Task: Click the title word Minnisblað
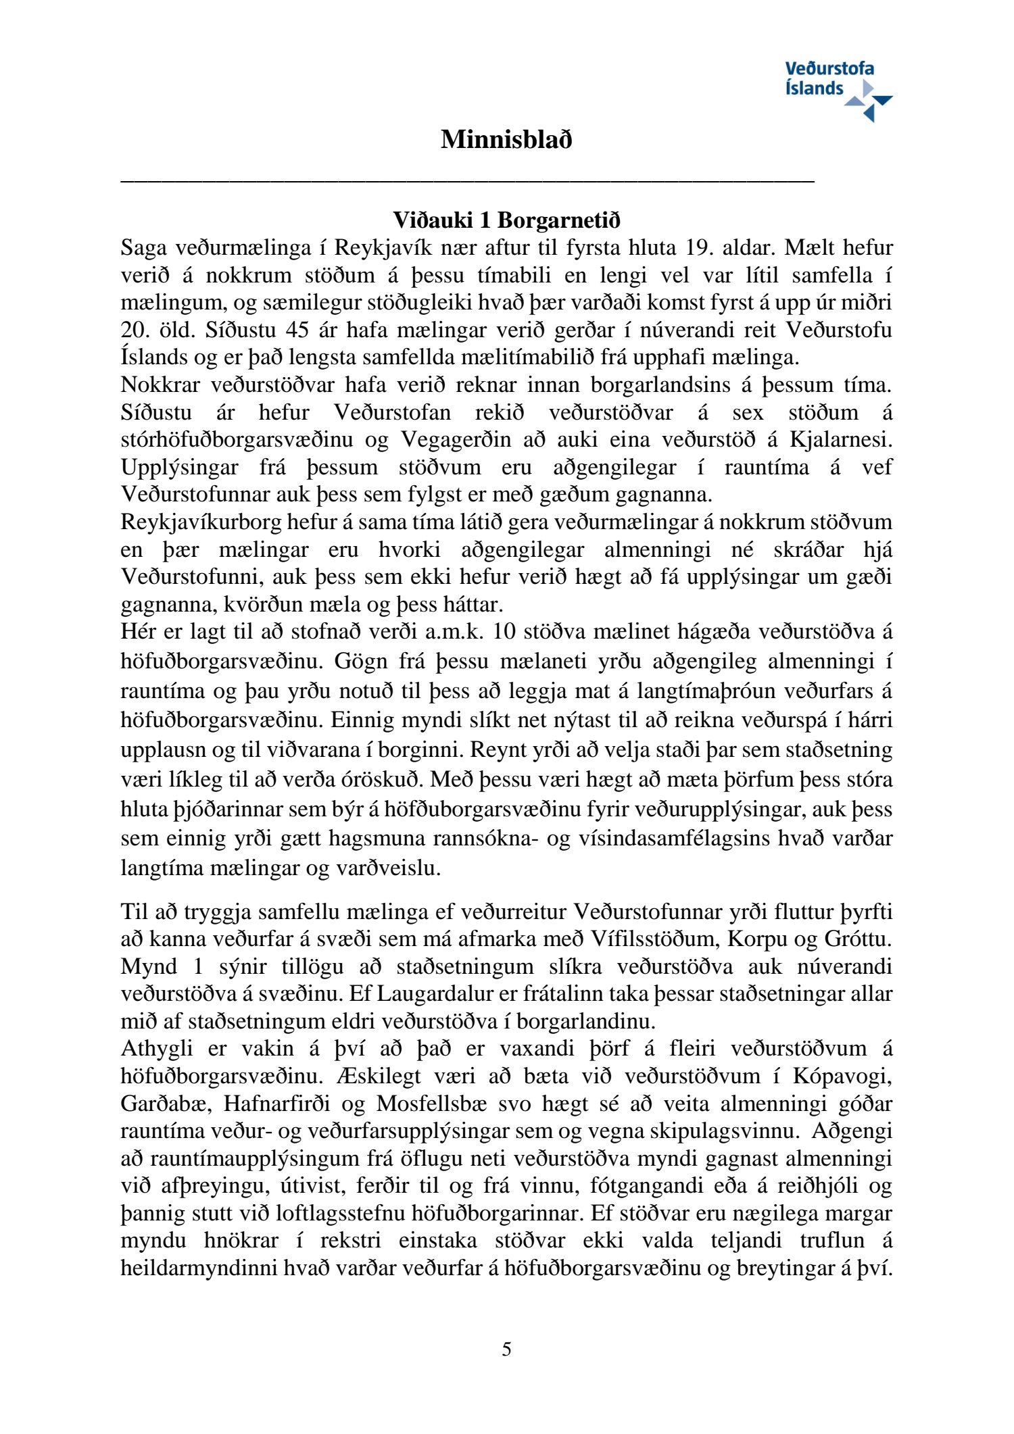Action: point(506,140)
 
